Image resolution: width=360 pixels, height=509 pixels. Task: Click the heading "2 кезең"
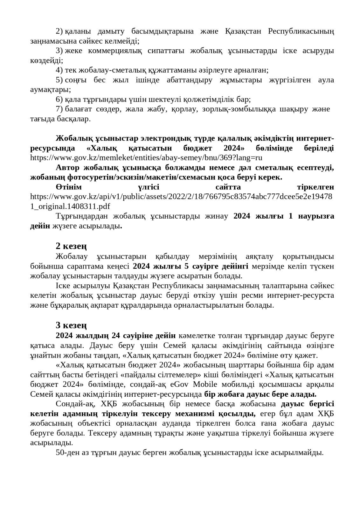pos(71,246)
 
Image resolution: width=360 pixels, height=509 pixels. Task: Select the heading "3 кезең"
pos(71,325)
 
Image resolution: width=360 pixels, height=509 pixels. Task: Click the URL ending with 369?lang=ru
pos(146,158)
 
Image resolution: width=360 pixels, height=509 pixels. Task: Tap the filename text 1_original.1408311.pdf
pos(70,206)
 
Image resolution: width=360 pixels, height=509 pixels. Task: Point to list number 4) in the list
pos(59,70)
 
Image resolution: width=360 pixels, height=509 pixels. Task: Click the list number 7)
pos(59,109)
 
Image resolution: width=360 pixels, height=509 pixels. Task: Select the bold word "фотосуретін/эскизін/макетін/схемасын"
pos(124,177)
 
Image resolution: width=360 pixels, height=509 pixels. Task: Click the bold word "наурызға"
pos(317,216)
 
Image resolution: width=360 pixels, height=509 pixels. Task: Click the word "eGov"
pos(177,384)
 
